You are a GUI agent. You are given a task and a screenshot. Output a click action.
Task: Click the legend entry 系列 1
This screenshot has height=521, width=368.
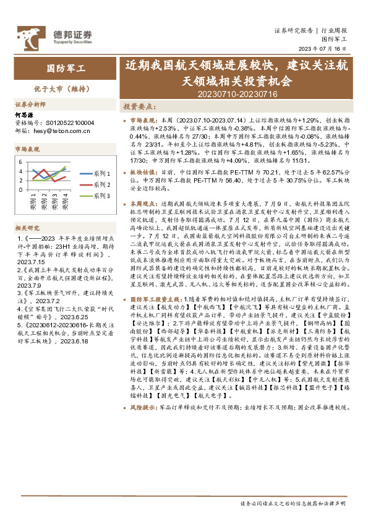(x=98, y=174)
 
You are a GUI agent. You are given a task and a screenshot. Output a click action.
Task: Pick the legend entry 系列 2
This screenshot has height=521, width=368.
(x=98, y=184)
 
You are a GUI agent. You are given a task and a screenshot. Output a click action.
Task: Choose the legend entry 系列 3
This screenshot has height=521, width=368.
(x=98, y=195)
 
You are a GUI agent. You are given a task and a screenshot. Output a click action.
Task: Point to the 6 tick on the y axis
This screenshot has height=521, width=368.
(x=21, y=161)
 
